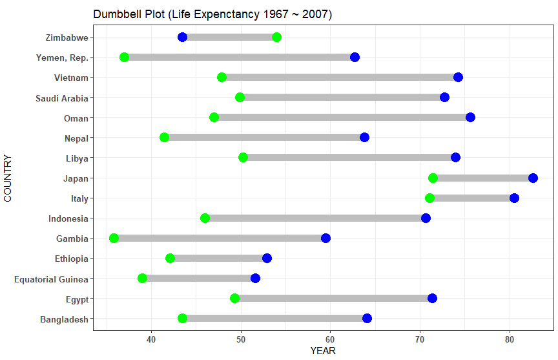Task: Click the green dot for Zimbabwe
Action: click(x=276, y=37)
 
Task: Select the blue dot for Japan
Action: click(x=533, y=178)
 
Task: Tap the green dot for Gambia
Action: click(x=114, y=238)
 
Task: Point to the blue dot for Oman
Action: click(x=470, y=117)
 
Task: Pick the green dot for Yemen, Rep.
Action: click(x=124, y=58)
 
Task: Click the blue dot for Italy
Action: click(x=514, y=198)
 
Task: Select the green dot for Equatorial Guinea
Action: click(x=142, y=279)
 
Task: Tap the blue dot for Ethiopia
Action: click(x=267, y=259)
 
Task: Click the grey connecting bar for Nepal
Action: click(x=264, y=138)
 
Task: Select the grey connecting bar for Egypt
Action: click(x=333, y=299)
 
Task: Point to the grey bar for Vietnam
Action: click(x=340, y=78)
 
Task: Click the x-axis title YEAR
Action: click(x=323, y=352)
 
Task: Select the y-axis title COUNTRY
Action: click(x=8, y=178)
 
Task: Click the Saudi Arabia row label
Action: click(x=62, y=98)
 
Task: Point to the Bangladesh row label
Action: click(x=64, y=319)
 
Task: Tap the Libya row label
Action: click(x=77, y=158)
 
